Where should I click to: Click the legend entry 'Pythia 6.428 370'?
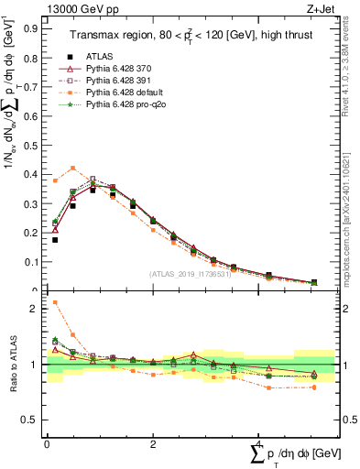(125, 69)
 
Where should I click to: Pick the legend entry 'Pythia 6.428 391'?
(125, 82)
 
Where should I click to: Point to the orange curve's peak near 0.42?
(72, 168)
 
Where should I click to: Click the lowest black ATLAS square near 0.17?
(55, 240)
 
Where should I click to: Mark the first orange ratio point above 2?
(55, 302)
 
